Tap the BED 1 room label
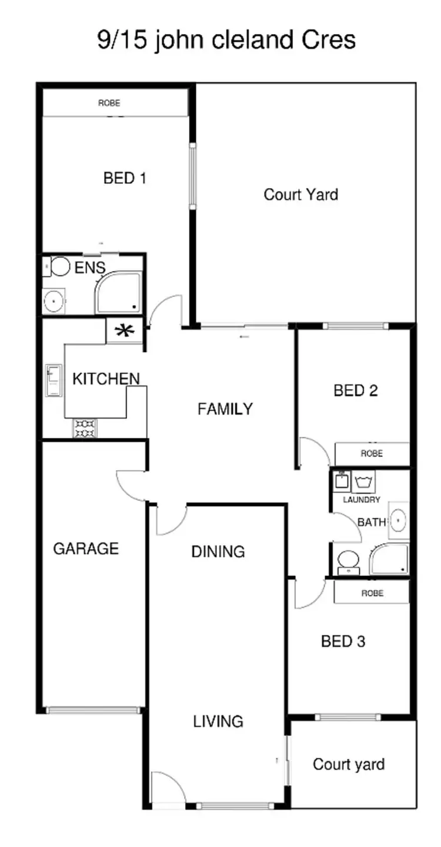pos(125,178)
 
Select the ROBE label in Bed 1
pos(109,103)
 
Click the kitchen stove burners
pos(85,428)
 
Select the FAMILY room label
pos(225,409)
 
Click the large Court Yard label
pos(301,195)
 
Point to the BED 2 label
pos(355,391)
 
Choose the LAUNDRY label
pos(362,500)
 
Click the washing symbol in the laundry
pos(363,482)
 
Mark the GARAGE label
pos(86,549)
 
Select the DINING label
pos(218,552)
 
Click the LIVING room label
pos(218,721)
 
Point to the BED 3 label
pos(343,641)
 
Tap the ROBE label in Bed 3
pos(372,593)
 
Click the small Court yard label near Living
pos(349,764)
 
